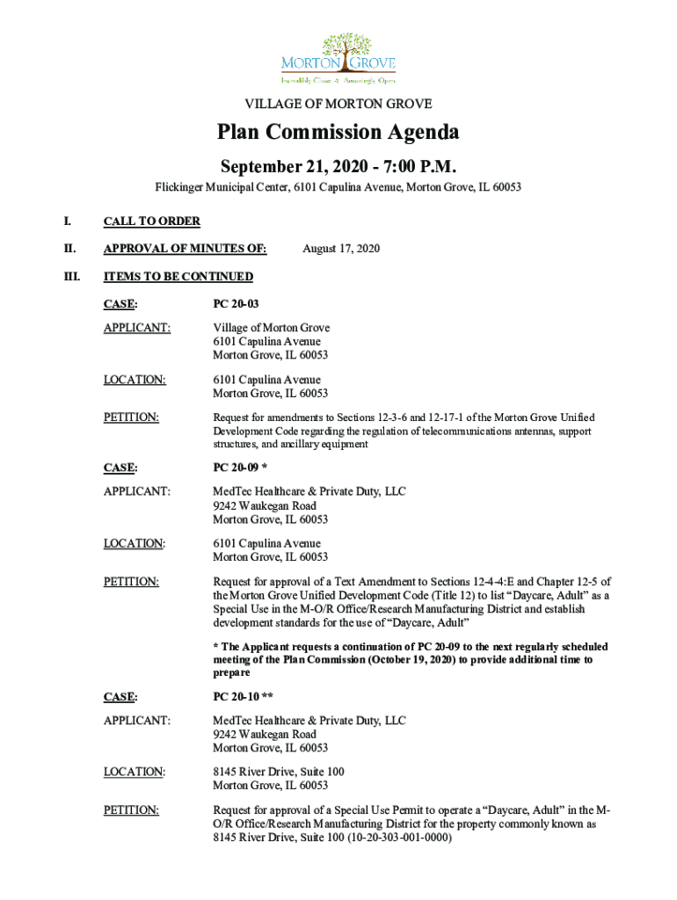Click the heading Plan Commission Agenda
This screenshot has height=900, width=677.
pos(338,133)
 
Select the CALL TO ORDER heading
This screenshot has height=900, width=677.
pos(152,221)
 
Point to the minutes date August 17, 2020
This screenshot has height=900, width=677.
pos(341,249)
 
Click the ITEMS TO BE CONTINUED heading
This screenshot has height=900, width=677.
pos(178,277)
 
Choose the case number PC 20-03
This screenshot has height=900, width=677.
pos(236,304)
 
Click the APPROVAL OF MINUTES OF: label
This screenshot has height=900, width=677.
pos(186,249)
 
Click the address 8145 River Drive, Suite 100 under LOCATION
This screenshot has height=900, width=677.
pos(279,772)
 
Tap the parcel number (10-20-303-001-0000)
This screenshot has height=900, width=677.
pos(385,838)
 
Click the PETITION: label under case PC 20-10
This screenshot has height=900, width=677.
pos(131,809)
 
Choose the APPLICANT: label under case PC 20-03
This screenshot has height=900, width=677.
pos(136,328)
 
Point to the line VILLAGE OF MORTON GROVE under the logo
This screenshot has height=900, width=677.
pos(338,104)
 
